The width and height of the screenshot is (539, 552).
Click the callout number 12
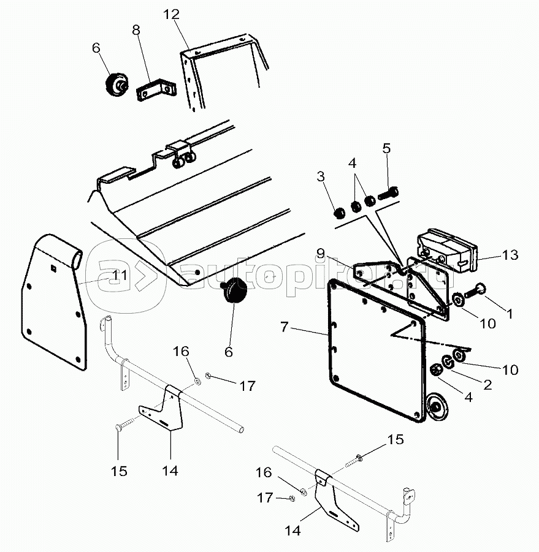click(x=172, y=15)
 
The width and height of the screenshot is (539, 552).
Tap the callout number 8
click(x=136, y=30)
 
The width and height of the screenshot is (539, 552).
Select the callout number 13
click(x=511, y=254)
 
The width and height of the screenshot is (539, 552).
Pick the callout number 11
click(x=120, y=275)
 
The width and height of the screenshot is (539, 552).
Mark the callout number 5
click(x=386, y=148)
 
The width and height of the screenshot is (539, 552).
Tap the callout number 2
click(x=487, y=385)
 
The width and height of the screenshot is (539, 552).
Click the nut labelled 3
click(x=338, y=213)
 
